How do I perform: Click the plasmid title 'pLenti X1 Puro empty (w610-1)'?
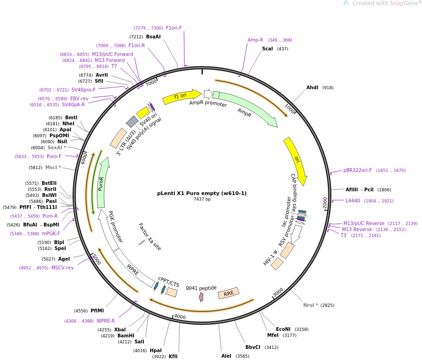tap(202, 193)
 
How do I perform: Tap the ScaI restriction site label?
tap(267, 49)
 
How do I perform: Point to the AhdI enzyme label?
tap(312, 88)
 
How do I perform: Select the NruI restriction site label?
tap(311, 305)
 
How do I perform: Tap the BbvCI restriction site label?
tap(253, 347)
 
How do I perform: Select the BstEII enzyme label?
tap(49, 183)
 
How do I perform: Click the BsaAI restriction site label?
tap(153, 37)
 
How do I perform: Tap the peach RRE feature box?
tap(229, 293)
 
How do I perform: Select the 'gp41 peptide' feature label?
tap(201, 287)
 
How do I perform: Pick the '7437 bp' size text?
tap(202, 199)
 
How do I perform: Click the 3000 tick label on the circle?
tap(278, 293)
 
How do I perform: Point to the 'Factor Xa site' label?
tap(150, 237)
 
